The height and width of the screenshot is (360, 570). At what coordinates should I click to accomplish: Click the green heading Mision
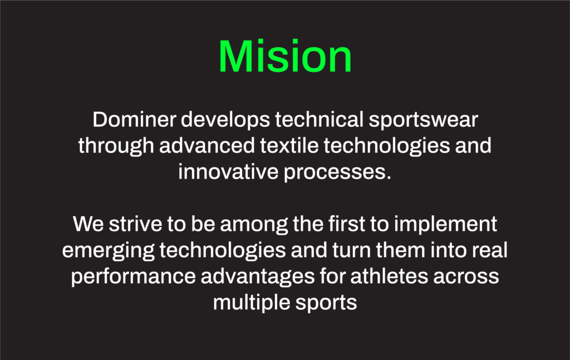pos(285,56)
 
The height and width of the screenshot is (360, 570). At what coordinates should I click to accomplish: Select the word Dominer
pos(134,120)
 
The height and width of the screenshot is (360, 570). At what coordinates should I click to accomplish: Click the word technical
pos(319,120)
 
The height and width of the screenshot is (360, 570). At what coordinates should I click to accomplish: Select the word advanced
pos(207,145)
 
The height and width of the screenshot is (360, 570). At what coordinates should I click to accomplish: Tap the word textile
pos(289,145)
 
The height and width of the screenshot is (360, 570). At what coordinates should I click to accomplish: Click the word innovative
pos(228,171)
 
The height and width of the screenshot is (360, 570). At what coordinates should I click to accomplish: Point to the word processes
pos(337,172)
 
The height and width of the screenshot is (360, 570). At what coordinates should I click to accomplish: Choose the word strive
pos(135,224)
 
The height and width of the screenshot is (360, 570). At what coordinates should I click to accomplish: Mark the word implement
pos(445,225)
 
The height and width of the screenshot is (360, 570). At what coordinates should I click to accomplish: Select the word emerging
pos(108,251)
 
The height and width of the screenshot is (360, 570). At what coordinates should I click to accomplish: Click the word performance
pos(133,277)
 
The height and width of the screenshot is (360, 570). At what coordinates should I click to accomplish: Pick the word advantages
pos(257,277)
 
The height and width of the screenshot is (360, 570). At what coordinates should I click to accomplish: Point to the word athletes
pos(389,276)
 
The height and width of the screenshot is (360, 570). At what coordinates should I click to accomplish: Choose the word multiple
pos(252,303)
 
